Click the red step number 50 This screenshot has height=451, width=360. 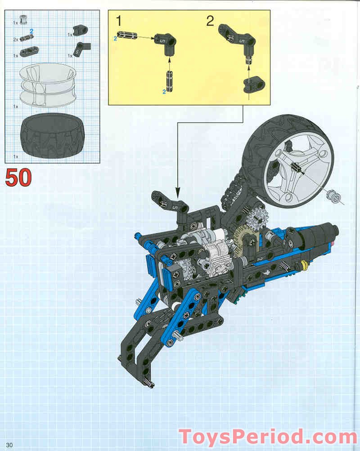(18, 178)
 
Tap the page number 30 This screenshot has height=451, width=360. (9, 445)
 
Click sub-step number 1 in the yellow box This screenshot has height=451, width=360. (119, 21)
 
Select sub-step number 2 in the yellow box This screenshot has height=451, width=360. (210, 21)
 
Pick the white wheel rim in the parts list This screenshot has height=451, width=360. (48, 85)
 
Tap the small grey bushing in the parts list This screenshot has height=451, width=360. (23, 20)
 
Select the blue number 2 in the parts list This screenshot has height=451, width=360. (31, 31)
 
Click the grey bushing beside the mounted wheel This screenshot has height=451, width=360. (333, 196)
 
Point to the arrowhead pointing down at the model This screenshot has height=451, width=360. (178, 192)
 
